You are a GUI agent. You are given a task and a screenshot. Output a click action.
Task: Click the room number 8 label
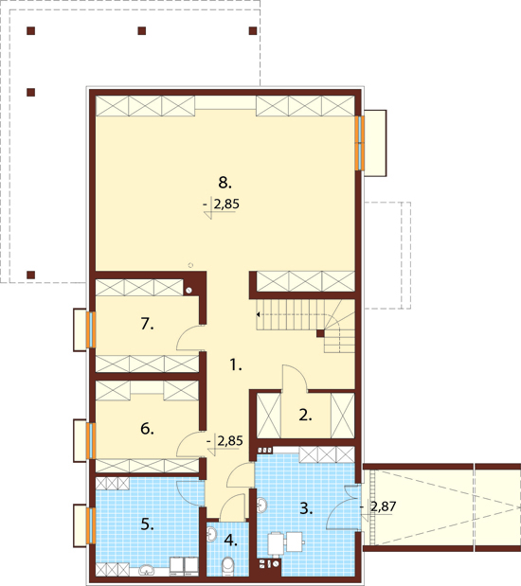coord(225,183)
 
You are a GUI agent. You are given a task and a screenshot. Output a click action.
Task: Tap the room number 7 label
coord(147,324)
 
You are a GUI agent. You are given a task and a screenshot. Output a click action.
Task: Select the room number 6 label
coord(147,429)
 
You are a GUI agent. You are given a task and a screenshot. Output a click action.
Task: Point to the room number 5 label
coord(147,524)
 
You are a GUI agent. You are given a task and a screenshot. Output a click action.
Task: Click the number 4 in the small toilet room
coord(231,540)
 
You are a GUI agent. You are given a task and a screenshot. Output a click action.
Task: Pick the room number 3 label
coord(306,508)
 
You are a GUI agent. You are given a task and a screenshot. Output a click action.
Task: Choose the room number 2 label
coord(305,416)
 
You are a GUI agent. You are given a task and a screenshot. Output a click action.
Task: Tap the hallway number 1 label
coord(235,364)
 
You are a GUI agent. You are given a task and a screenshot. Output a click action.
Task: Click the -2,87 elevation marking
coord(378,506)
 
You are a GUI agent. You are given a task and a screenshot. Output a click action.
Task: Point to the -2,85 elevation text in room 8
coord(222,204)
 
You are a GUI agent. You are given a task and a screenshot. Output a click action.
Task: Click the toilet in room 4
coord(227,566)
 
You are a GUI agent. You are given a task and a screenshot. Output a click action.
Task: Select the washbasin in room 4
coord(211,533)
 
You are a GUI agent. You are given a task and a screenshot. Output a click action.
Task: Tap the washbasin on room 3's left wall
coord(261,506)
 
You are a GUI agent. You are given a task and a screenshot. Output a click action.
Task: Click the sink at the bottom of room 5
coord(148,570)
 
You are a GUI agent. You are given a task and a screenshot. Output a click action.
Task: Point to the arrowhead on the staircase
coord(258,314)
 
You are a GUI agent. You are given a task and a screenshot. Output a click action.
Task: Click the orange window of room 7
coord(91,330)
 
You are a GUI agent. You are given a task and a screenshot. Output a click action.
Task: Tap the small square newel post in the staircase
coord(320,333)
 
